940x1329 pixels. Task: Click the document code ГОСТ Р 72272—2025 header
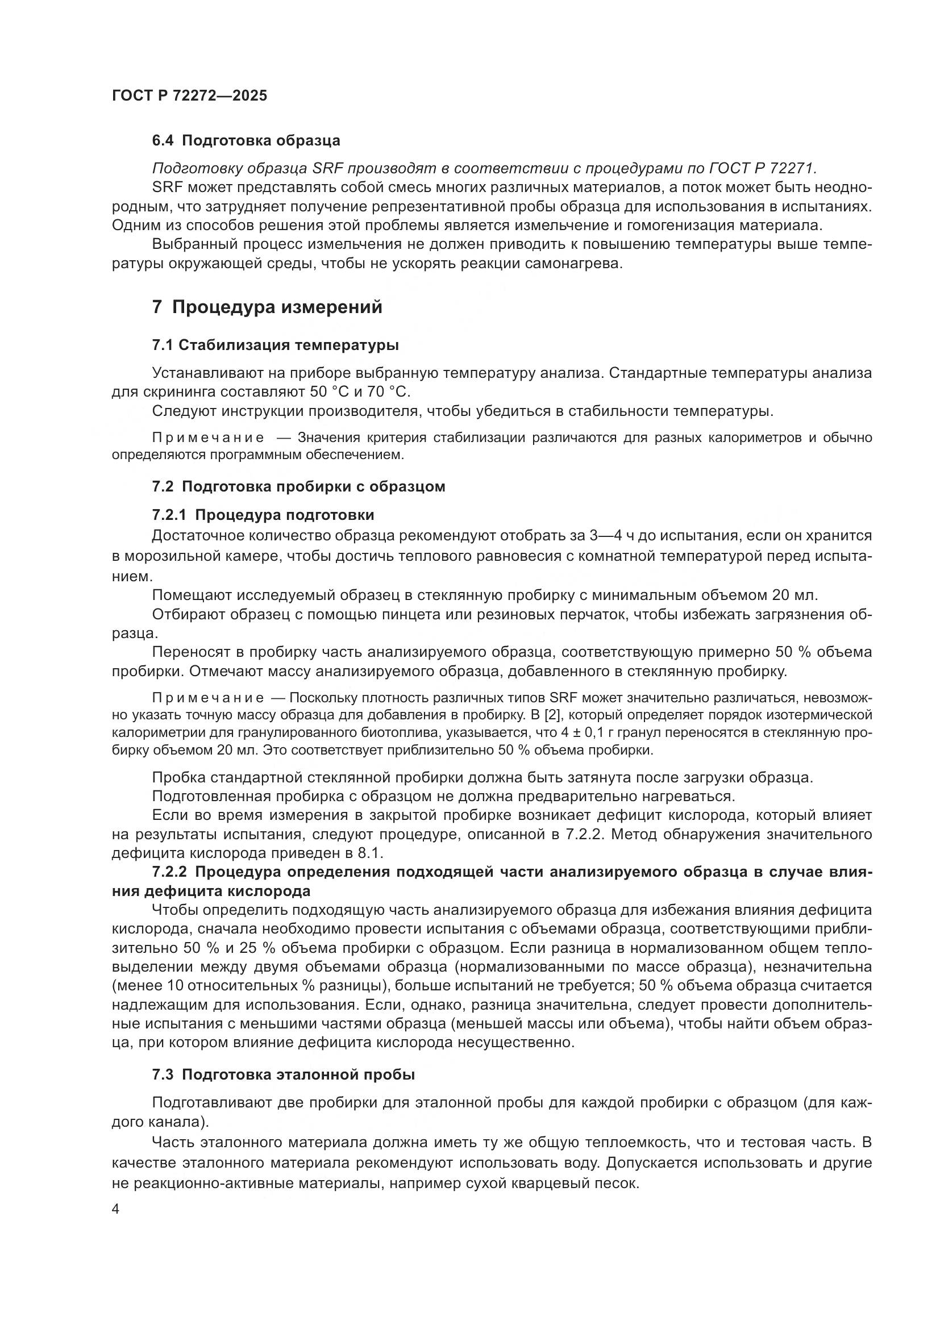point(189,95)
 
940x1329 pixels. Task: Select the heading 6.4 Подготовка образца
point(246,141)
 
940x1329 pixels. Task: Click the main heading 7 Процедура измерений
point(267,307)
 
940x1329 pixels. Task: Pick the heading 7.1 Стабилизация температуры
point(275,345)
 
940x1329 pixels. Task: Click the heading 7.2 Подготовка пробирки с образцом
point(298,486)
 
